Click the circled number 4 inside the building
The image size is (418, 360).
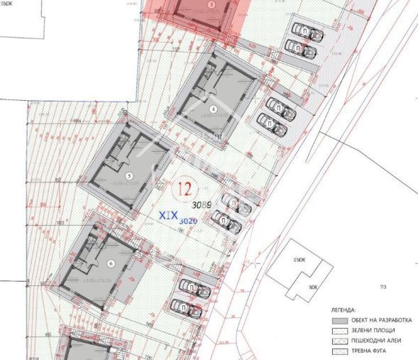point(213,109)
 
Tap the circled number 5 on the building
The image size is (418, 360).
point(128,174)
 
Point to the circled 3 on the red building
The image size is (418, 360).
point(210,4)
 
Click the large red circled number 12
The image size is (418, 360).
point(185,188)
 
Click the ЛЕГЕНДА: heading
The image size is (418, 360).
point(343,310)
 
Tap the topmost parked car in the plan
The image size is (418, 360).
point(307,33)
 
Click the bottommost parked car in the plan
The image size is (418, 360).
point(190,308)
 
